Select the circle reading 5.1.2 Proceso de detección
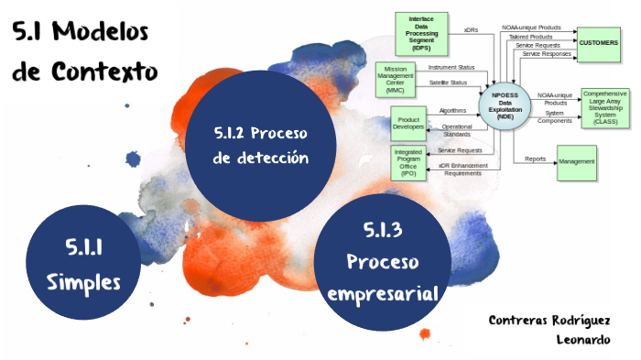pyautogui.click(x=259, y=146)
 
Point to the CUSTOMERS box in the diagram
pyautogui.click(x=599, y=43)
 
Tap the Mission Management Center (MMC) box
pyautogui.click(x=395, y=80)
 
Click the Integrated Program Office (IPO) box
pyautogui.click(x=407, y=162)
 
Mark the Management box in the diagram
pyautogui.click(x=577, y=162)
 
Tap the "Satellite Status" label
pyautogui.click(x=449, y=82)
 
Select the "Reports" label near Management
pyautogui.click(x=536, y=158)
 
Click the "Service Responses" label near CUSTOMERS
pyautogui.click(x=547, y=54)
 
